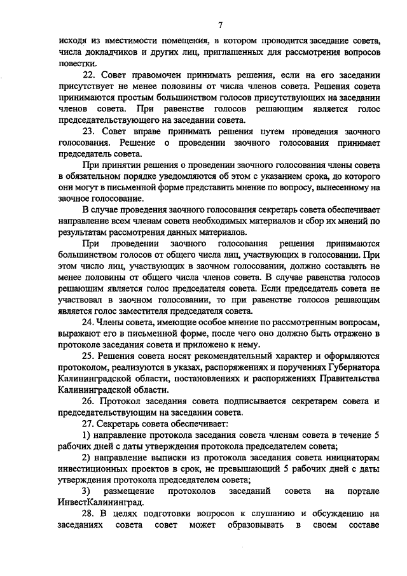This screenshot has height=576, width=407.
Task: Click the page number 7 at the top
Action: [x=219, y=25]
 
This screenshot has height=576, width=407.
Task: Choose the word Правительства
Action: [x=348, y=378]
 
